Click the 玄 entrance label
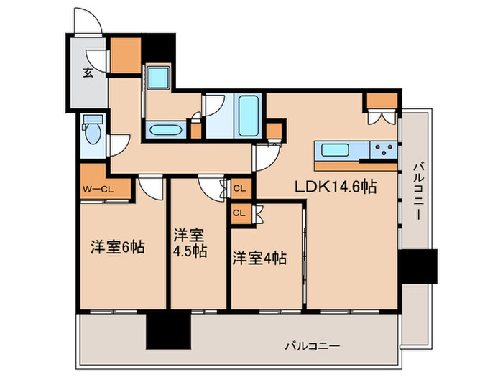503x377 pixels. tap(86, 72)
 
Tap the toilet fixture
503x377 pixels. tap(91, 133)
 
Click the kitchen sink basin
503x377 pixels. tap(336, 151)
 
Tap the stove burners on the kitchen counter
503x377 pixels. tap(383, 151)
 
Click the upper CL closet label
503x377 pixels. tap(240, 190)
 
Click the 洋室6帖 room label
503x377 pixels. tap(117, 248)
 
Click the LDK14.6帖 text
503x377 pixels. tap(335, 186)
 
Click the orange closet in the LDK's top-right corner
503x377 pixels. tap(380, 100)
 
